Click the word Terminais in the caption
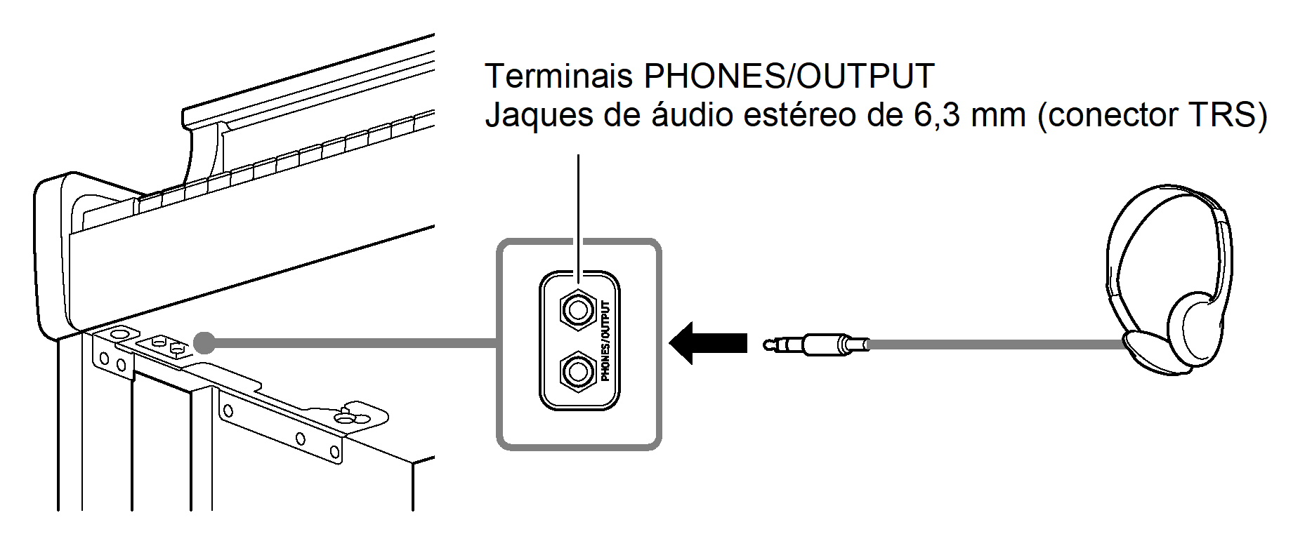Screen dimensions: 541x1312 tap(558, 76)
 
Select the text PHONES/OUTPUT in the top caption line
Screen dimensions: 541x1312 tap(789, 76)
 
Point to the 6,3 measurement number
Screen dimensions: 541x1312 tap(937, 115)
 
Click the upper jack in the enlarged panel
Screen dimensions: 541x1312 tap(577, 309)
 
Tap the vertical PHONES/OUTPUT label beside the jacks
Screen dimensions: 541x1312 tap(605, 341)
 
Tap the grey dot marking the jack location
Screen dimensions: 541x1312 tap(204, 342)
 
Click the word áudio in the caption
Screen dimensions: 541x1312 tap(693, 115)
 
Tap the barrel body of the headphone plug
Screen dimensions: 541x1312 tap(822, 345)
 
